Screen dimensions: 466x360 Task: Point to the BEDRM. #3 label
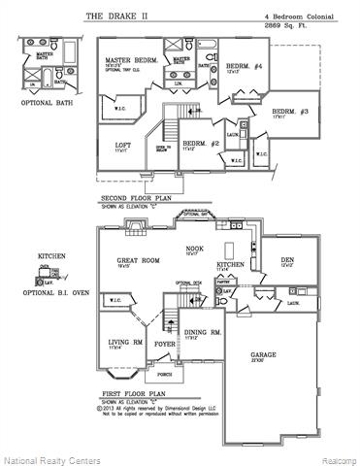coord(289,112)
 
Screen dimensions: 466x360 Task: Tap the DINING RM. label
coord(205,333)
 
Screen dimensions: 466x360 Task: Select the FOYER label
coord(165,343)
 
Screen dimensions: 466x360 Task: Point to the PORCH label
coord(165,373)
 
